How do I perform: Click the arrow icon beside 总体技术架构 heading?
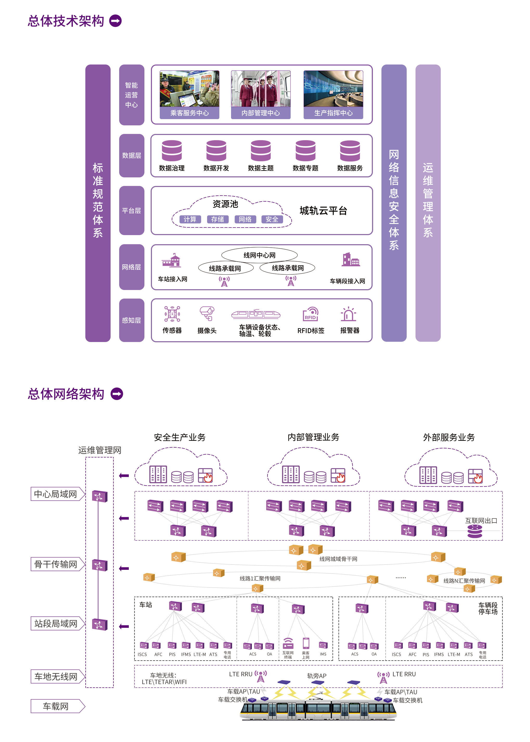pos(115,21)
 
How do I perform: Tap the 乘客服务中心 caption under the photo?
pos(189,113)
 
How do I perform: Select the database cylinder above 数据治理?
pos(172,150)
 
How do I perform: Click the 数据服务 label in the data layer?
pos(350,168)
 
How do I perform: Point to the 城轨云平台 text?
pos(323,211)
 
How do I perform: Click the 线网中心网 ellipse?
pos(259,255)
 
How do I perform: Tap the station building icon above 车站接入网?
pos(171,261)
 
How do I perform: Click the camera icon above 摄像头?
pos(207,313)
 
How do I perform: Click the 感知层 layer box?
pos(131,320)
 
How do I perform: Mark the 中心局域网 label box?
pos(56,494)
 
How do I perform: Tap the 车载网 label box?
pos(56,706)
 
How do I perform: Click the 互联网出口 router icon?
pos(475,531)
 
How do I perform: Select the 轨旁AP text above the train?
pos(317,676)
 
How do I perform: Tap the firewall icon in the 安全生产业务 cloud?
pos(205,475)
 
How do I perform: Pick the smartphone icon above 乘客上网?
pos(306,643)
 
